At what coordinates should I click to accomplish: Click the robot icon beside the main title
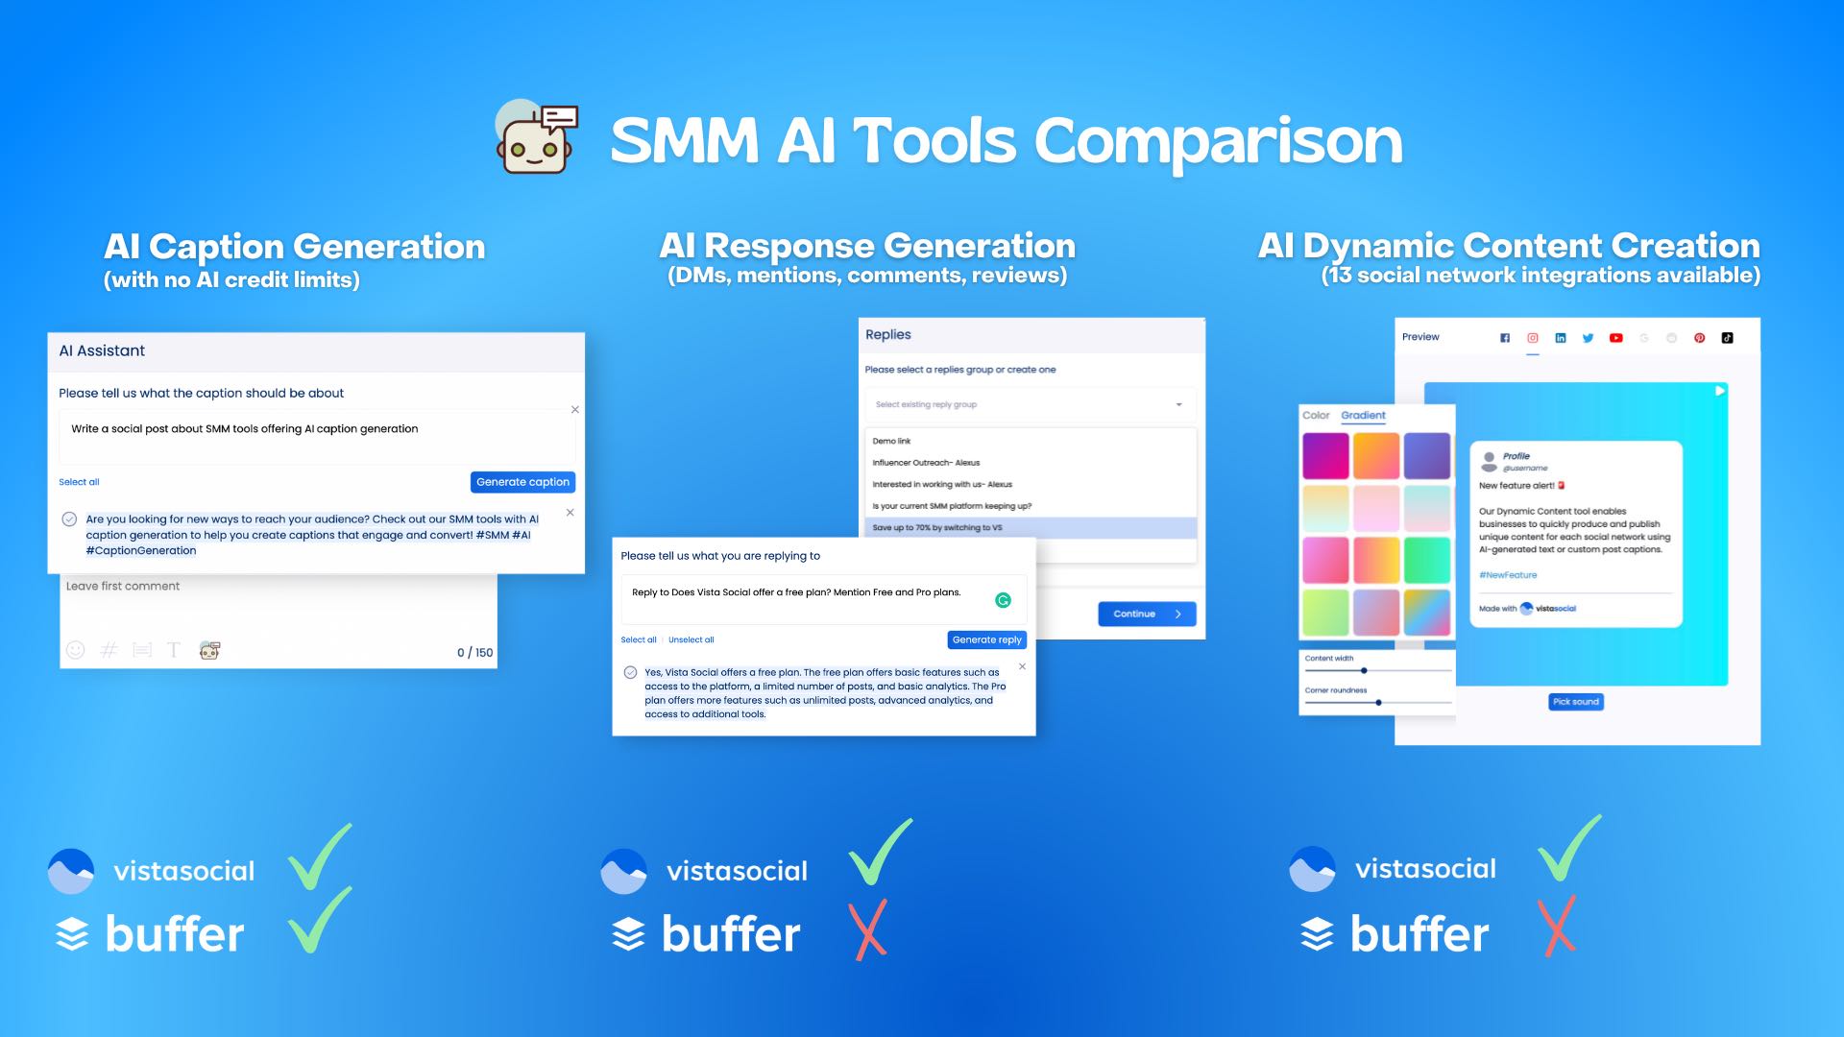click(536, 140)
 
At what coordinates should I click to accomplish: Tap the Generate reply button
click(986, 639)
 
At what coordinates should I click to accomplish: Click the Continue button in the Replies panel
click(1147, 614)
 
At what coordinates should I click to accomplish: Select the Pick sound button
click(1575, 702)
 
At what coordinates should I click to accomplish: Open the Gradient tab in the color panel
click(1363, 416)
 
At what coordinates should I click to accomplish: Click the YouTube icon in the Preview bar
click(1616, 338)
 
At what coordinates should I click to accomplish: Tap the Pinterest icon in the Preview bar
click(1699, 338)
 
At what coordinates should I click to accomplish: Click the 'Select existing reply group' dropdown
click(1030, 404)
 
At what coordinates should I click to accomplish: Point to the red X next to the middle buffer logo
click(870, 929)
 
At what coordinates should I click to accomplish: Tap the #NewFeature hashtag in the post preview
click(1508, 575)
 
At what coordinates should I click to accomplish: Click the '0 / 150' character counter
click(474, 653)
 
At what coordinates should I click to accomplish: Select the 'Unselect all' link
click(691, 639)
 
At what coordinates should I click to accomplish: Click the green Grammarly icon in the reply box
click(1003, 600)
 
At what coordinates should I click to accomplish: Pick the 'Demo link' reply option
click(891, 442)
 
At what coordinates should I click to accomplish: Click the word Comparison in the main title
click(1218, 141)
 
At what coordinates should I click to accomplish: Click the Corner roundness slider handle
click(1378, 703)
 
